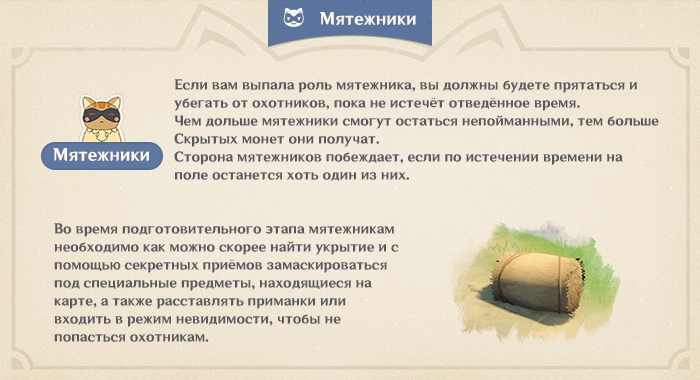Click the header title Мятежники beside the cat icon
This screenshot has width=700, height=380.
tap(367, 19)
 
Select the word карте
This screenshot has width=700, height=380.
tap(77, 303)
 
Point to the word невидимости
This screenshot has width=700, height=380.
tap(250, 321)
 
